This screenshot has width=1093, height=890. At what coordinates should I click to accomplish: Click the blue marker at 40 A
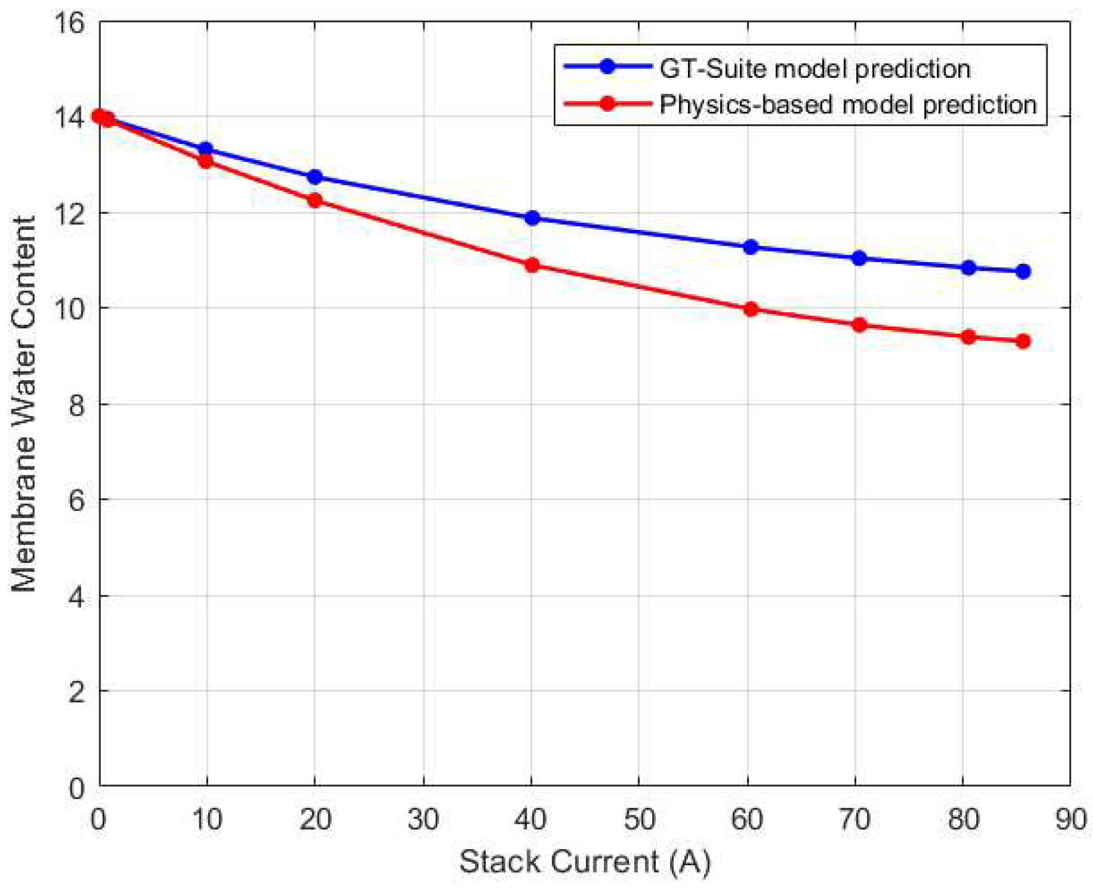coord(532,218)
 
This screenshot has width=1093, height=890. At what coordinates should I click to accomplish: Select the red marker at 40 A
coord(532,265)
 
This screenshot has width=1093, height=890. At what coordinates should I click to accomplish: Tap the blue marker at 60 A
coord(750,247)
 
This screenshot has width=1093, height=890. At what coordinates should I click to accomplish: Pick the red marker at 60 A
coord(750,309)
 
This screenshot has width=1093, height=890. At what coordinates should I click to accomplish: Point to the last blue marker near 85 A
coord(1023,271)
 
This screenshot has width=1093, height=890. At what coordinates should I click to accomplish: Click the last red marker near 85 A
coord(1023,342)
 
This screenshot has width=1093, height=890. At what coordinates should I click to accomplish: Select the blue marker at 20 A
coord(315,177)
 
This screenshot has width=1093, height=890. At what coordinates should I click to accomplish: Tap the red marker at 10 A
coord(206,161)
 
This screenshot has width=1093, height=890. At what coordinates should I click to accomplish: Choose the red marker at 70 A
coord(859,325)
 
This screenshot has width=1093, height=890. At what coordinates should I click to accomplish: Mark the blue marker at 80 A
coord(969,268)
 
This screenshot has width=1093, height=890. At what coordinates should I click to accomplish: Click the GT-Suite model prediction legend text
coord(815,69)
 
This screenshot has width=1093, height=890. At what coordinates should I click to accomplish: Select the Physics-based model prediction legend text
coord(848,105)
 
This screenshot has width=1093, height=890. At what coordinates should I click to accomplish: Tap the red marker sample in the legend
coord(607,104)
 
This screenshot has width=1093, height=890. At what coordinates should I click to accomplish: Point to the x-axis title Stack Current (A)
coord(584,862)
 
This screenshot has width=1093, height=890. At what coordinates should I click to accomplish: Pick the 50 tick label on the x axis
coord(639,819)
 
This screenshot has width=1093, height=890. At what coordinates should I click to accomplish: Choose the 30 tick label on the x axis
coord(423,819)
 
